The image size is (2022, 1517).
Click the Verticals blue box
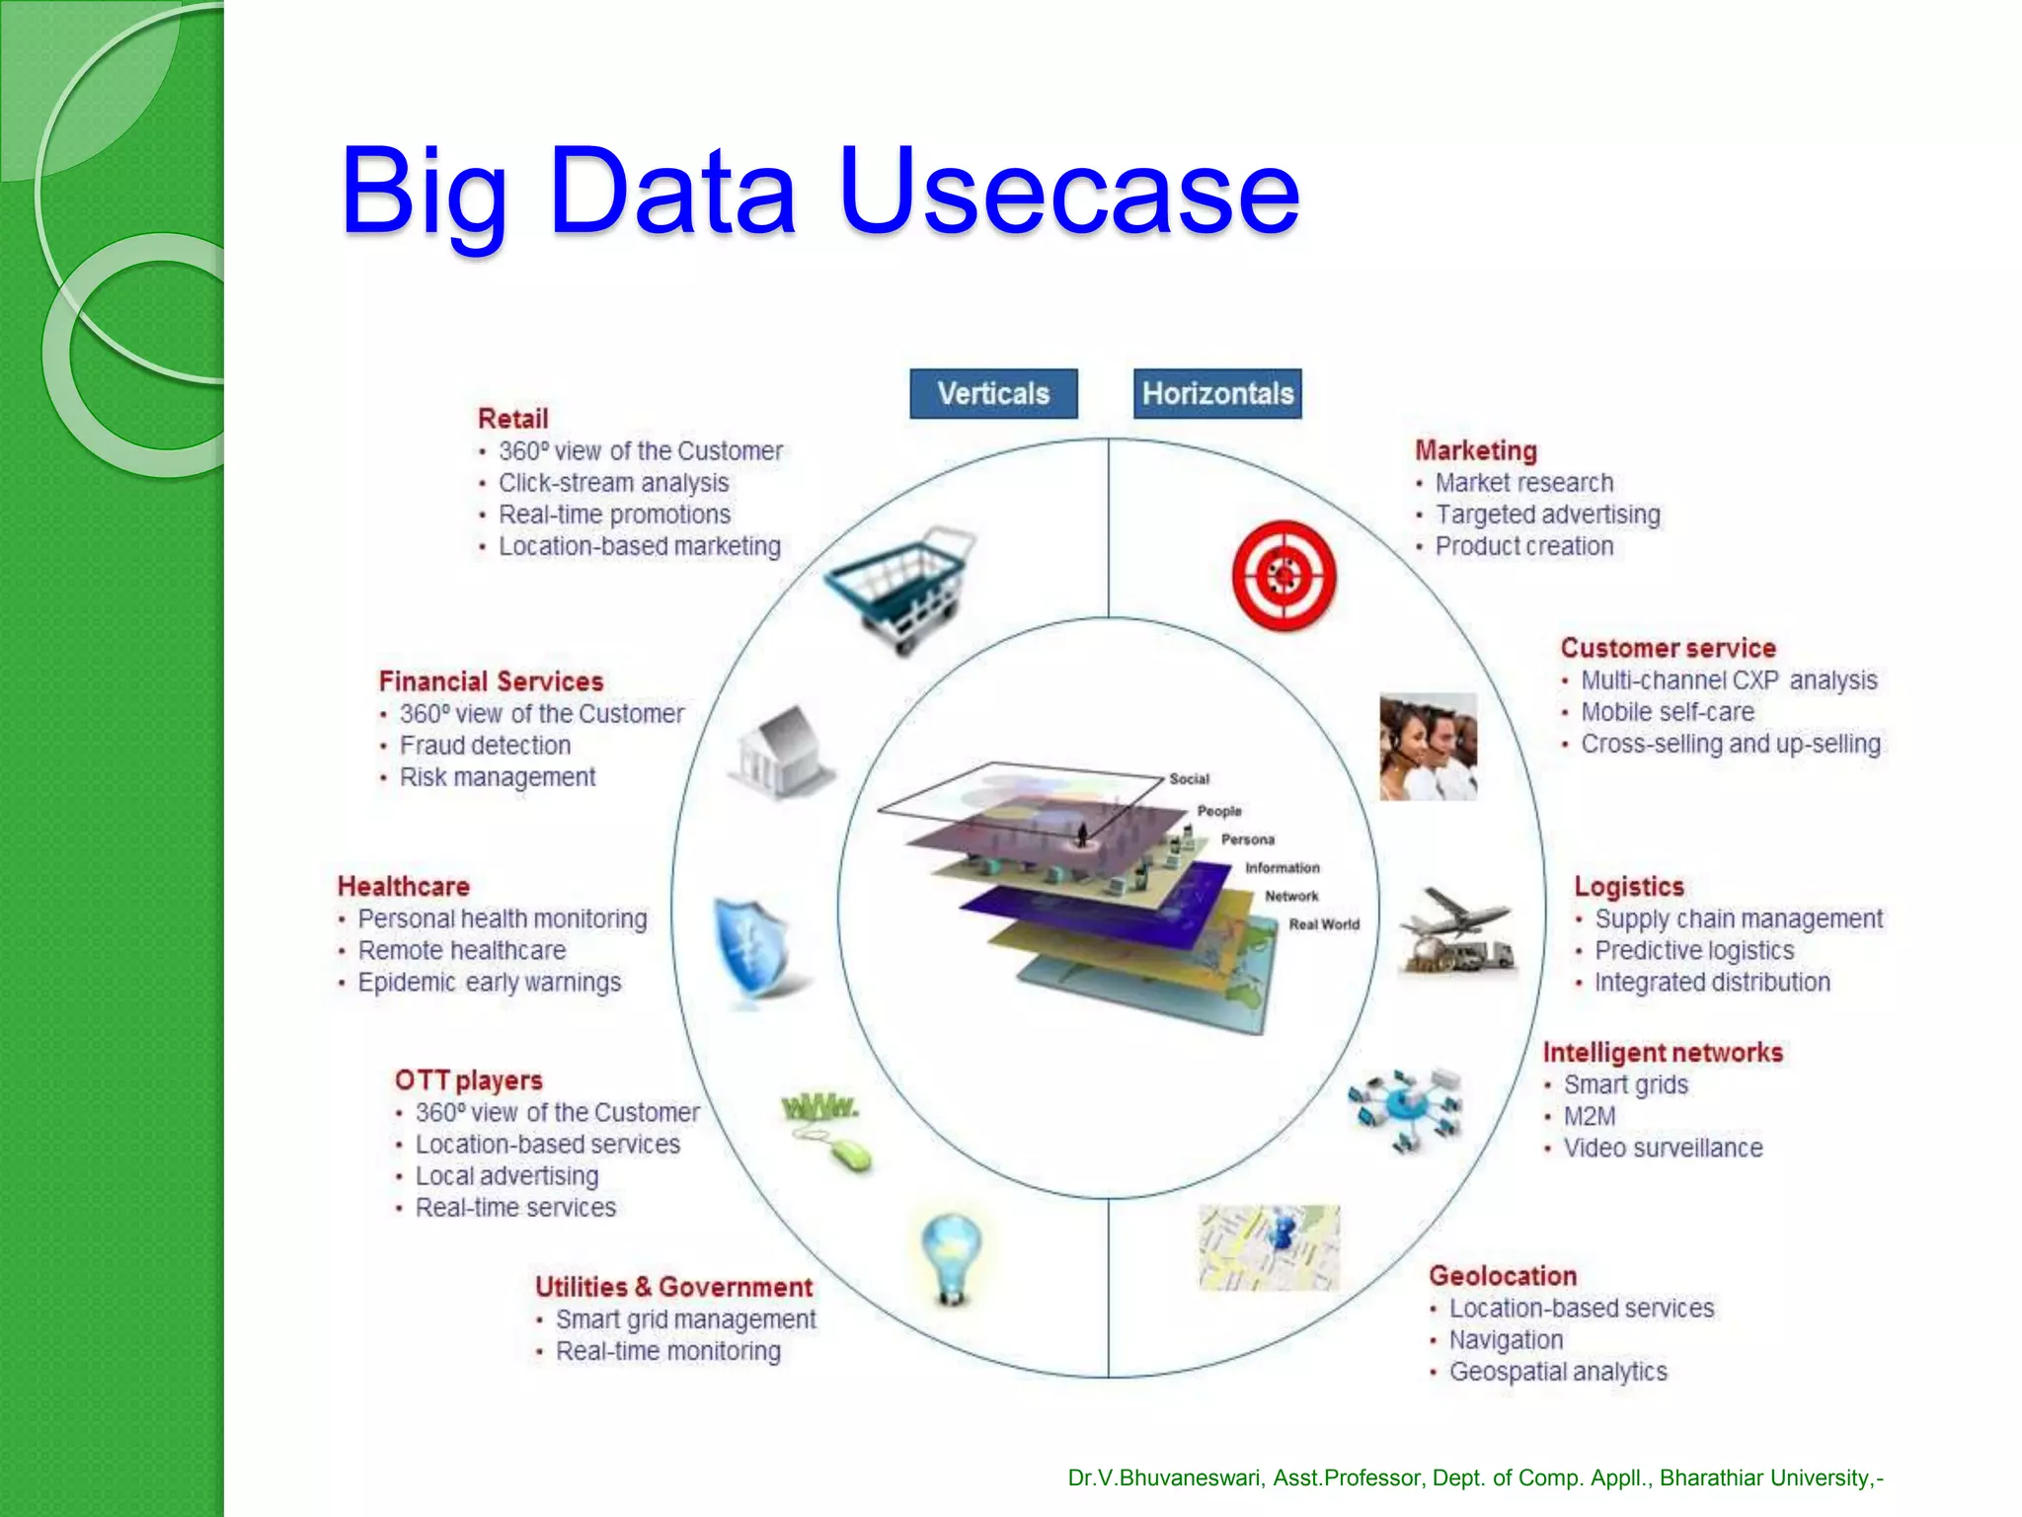pyautogui.click(x=992, y=394)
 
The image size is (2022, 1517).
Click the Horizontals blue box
pyautogui.click(x=1216, y=394)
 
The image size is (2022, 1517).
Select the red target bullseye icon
pyautogui.click(x=1283, y=575)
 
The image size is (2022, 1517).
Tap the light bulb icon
pyautogui.click(x=950, y=1258)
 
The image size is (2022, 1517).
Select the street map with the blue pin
pyautogui.click(x=1269, y=1246)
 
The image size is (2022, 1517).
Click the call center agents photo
pyautogui.click(x=1428, y=746)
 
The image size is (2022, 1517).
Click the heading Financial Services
pyautogui.click(x=491, y=681)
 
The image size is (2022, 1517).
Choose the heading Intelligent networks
pyautogui.click(x=1663, y=1053)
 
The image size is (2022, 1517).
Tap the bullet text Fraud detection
pyautogui.click(x=485, y=746)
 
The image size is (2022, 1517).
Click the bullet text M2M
pyautogui.click(x=1590, y=1116)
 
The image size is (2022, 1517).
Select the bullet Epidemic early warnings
pyautogui.click(x=489, y=983)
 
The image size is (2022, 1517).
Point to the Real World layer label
pyautogui.click(x=1324, y=924)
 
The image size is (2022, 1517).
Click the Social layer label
pyautogui.click(x=1189, y=778)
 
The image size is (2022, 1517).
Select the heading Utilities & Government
pyautogui.click(x=673, y=1287)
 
